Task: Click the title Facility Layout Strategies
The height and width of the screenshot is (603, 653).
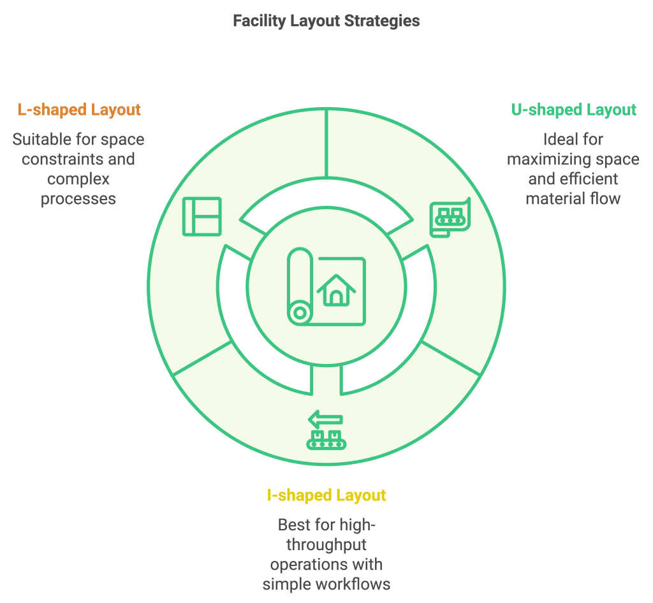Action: coord(326,21)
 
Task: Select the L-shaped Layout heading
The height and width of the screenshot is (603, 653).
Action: coord(79,110)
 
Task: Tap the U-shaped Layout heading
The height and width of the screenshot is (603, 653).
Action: coord(573,110)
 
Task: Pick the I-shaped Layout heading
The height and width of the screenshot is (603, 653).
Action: coord(326,495)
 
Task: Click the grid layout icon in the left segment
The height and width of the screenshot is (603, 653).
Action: coord(202,216)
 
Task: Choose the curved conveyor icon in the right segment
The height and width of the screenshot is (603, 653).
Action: coord(450,217)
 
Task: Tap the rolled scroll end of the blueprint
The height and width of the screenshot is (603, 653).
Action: coord(298,313)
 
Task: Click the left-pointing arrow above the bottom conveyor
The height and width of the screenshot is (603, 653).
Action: coord(325,420)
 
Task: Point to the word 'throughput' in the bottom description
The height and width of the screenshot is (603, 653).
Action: coord(326,545)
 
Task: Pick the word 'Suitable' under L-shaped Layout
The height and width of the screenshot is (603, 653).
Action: coord(42,139)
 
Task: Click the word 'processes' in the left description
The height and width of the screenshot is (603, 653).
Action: coord(78,198)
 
